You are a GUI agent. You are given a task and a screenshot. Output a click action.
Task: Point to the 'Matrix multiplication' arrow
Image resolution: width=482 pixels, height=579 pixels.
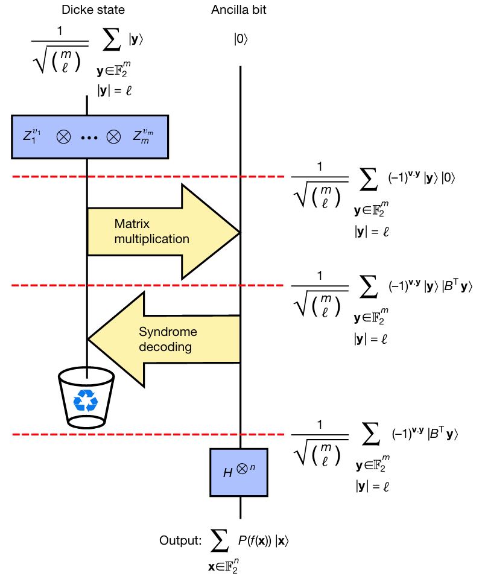coord(163,232)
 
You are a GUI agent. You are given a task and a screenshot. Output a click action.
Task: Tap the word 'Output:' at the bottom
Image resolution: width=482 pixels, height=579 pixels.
coord(180,540)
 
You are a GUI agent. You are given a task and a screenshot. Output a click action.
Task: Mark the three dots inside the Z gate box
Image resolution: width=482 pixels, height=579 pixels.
coord(89,137)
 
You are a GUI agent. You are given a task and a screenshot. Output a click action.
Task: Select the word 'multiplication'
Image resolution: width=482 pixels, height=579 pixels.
coord(151,239)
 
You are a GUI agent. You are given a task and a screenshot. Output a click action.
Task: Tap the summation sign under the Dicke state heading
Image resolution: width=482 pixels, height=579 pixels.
coord(110,42)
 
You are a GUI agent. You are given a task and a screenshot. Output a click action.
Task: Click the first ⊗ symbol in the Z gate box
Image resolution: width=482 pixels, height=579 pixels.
coord(63,137)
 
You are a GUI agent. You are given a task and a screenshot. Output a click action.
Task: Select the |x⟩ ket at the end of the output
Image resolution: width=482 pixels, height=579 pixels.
coord(284,540)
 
